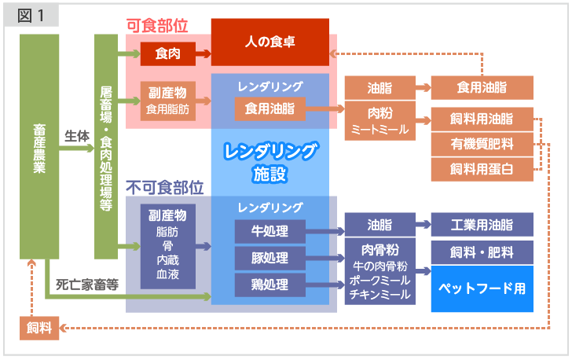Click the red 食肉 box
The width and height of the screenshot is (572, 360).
pyautogui.click(x=167, y=54)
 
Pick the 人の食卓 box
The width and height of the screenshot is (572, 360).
pyautogui.click(x=269, y=41)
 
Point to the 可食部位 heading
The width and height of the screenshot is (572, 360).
pyautogui.click(x=157, y=24)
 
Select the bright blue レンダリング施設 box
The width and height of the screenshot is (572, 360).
pyautogui.click(x=269, y=160)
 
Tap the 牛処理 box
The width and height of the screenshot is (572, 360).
pyautogui.click(x=269, y=231)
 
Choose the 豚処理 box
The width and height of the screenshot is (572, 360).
pyautogui.click(x=269, y=258)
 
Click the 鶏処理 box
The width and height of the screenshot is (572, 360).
pyautogui.click(x=269, y=285)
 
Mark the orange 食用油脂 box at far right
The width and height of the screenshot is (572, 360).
pyautogui.click(x=482, y=87)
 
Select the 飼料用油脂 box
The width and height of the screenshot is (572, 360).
pyautogui.click(x=482, y=119)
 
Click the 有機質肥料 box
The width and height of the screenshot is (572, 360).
pyautogui.click(x=482, y=144)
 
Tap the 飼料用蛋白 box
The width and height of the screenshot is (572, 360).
pyautogui.click(x=482, y=169)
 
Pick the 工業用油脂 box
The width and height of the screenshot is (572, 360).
pyautogui.click(x=482, y=225)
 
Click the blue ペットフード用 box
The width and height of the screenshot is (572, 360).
pyautogui.click(x=482, y=288)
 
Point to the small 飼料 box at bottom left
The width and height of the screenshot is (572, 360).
pyautogui.click(x=39, y=328)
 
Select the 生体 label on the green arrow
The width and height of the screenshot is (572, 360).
pyautogui.click(x=76, y=134)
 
